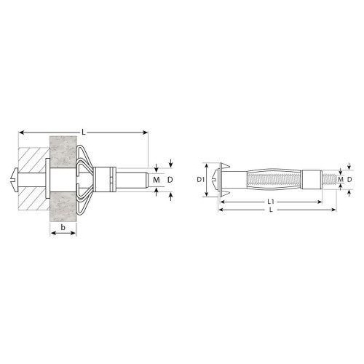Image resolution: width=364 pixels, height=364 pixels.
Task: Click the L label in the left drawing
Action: tap(84, 132)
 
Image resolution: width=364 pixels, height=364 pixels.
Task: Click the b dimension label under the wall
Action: tap(63, 227)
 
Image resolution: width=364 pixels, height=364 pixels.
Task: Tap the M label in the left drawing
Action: tap(157, 180)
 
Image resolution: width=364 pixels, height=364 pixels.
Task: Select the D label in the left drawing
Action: tap(170, 180)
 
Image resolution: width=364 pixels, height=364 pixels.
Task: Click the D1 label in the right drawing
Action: tap(199, 180)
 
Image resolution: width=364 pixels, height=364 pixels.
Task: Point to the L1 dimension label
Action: tap(271, 202)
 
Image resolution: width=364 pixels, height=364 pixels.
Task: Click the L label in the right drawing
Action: tap(271, 210)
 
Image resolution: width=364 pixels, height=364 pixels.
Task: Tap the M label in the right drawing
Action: tap(341, 180)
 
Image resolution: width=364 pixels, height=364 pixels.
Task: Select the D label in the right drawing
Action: tap(349, 180)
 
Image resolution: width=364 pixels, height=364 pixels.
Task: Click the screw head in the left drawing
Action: tap(15, 180)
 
